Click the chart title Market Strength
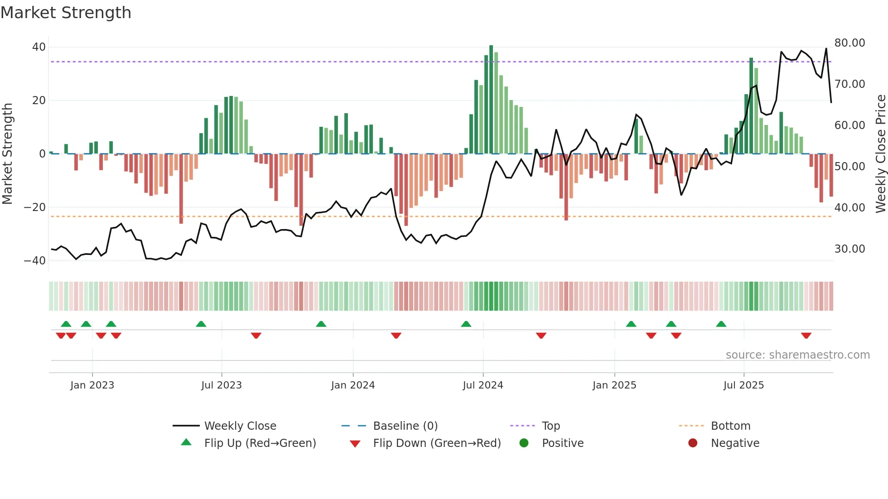(66, 13)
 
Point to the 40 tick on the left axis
(39, 47)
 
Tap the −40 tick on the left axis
(35, 261)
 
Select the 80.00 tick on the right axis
(849, 43)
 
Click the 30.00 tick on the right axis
(849, 249)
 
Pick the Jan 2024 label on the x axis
(353, 385)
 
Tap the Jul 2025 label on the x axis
(743, 385)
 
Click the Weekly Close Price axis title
(880, 154)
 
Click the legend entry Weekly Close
(240, 426)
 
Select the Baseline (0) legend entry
(405, 426)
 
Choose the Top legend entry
(551, 426)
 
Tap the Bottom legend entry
(730, 426)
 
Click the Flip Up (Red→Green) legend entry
(260, 443)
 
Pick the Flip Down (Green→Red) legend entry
(437, 443)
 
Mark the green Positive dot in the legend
(524, 443)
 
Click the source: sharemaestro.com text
(797, 355)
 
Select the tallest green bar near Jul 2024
(491, 100)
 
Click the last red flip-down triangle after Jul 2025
(806, 336)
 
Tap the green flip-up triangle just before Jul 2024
(466, 324)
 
